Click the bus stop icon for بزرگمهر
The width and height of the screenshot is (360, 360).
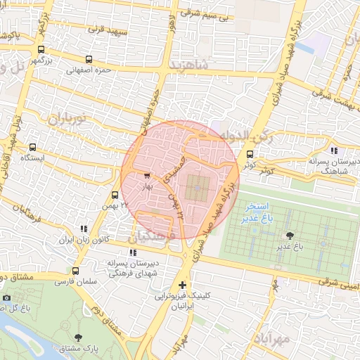[x=41, y=50]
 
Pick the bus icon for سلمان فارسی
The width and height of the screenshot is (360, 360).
[x=76, y=271]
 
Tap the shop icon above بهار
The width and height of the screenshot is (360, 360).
[x=146, y=176]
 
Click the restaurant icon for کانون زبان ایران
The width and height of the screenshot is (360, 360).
[x=84, y=229]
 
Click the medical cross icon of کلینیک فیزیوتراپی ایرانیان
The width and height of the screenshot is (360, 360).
[x=183, y=285]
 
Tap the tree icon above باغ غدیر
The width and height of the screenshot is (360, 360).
[x=289, y=236]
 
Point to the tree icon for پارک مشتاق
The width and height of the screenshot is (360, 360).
[x=77, y=338]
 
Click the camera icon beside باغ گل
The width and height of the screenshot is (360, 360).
[x=7, y=298]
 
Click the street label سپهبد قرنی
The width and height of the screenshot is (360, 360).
[x=108, y=30]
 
